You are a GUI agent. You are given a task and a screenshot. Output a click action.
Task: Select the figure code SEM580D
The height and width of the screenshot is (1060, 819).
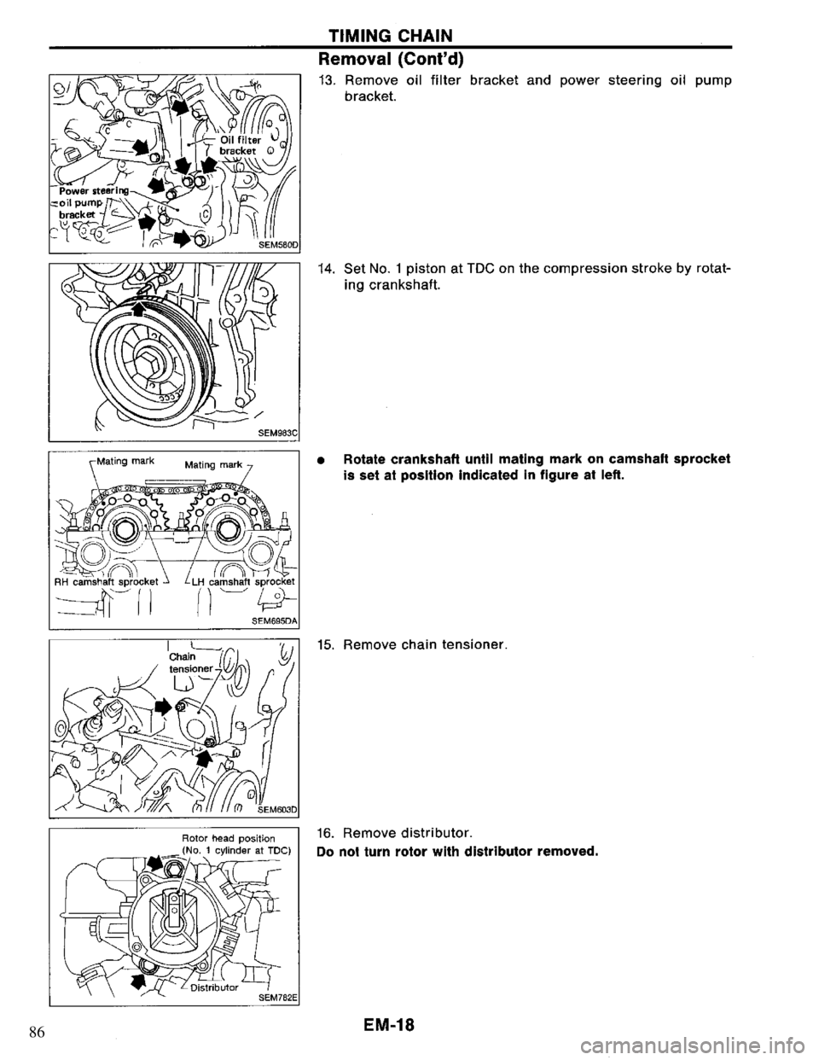(x=274, y=245)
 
